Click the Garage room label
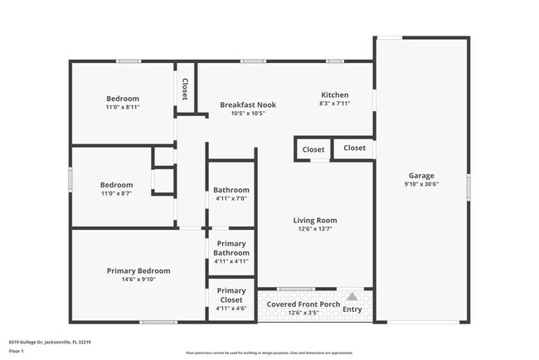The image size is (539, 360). pos(420,176)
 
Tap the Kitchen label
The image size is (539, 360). pos(334,95)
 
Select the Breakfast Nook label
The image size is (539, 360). pos(247,105)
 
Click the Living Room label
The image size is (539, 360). pos(314,220)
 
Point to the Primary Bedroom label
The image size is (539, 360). pos(138,270)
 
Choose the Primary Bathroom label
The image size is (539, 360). pos(231,248)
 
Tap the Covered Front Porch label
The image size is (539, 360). pos(303,304)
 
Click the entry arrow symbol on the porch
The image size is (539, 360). pos(352,296)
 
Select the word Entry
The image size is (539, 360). pos(352,309)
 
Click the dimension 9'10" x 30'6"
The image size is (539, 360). pos(420,185)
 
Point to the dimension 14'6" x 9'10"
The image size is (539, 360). pos(138,280)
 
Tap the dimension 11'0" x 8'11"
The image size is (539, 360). pos(122,108)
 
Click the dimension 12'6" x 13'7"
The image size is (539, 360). pos(314,230)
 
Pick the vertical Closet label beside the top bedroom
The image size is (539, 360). pos(184,89)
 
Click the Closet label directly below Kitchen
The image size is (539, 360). pos(354,148)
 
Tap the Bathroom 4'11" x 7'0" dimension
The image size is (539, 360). pos(231,198)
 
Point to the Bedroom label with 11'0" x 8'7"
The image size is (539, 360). pos(116,184)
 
